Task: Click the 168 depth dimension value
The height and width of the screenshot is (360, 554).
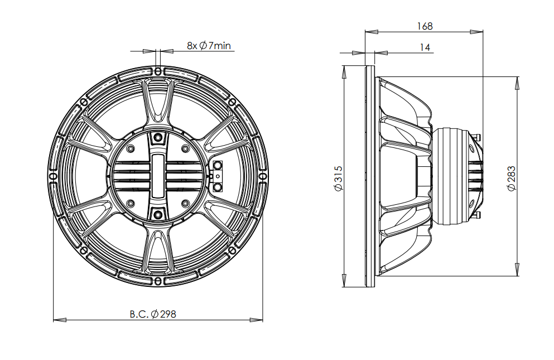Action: point(425,26)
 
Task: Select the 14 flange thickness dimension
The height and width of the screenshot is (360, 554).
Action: point(425,48)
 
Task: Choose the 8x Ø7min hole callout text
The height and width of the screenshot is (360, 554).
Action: point(209,45)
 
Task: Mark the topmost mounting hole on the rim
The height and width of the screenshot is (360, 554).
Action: point(158,71)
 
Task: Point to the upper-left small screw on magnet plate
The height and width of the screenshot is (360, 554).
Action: point(131,148)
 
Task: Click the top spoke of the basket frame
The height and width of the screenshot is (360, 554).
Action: point(158,103)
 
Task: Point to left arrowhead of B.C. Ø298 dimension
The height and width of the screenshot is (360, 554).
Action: point(56,320)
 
